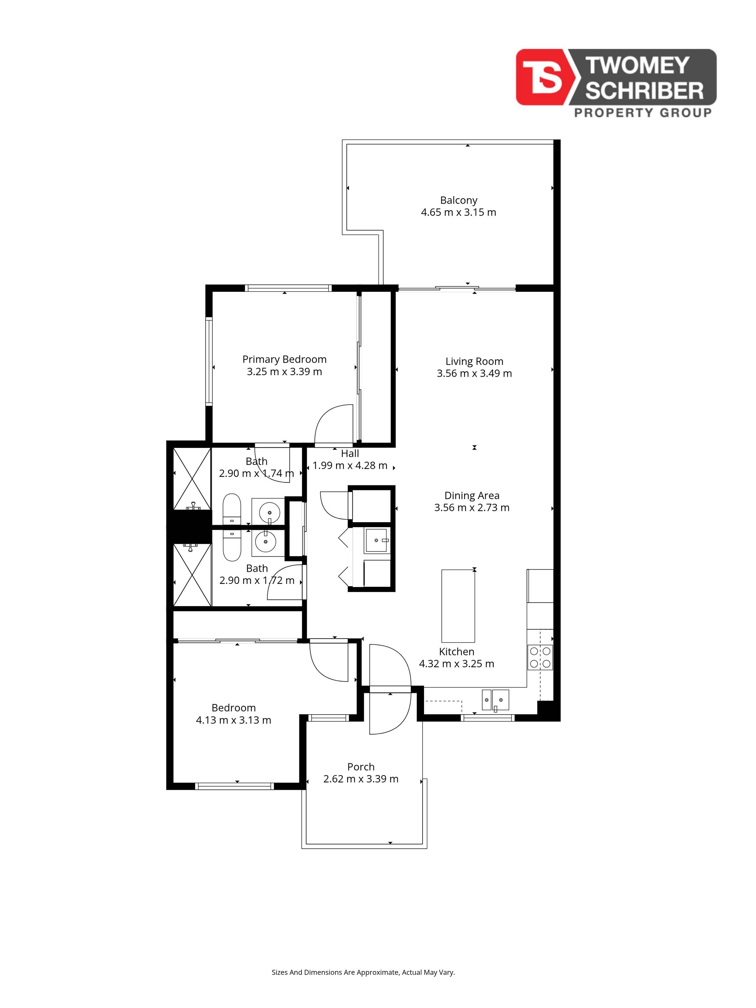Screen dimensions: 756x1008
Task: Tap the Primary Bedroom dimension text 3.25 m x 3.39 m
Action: point(284,371)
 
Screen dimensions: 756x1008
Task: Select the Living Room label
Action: point(474,361)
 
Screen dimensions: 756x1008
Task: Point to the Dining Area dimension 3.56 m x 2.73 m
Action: point(472,508)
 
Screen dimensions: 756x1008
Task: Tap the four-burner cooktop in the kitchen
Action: point(540,657)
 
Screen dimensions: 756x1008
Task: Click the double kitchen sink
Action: point(495,700)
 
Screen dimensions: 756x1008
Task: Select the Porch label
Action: point(361,767)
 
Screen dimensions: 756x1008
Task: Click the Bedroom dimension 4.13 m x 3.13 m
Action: point(233,720)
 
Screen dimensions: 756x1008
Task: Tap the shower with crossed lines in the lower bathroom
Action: point(192,575)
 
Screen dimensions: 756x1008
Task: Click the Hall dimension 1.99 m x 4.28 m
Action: point(350,465)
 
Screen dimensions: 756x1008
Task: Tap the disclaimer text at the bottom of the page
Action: point(363,972)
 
